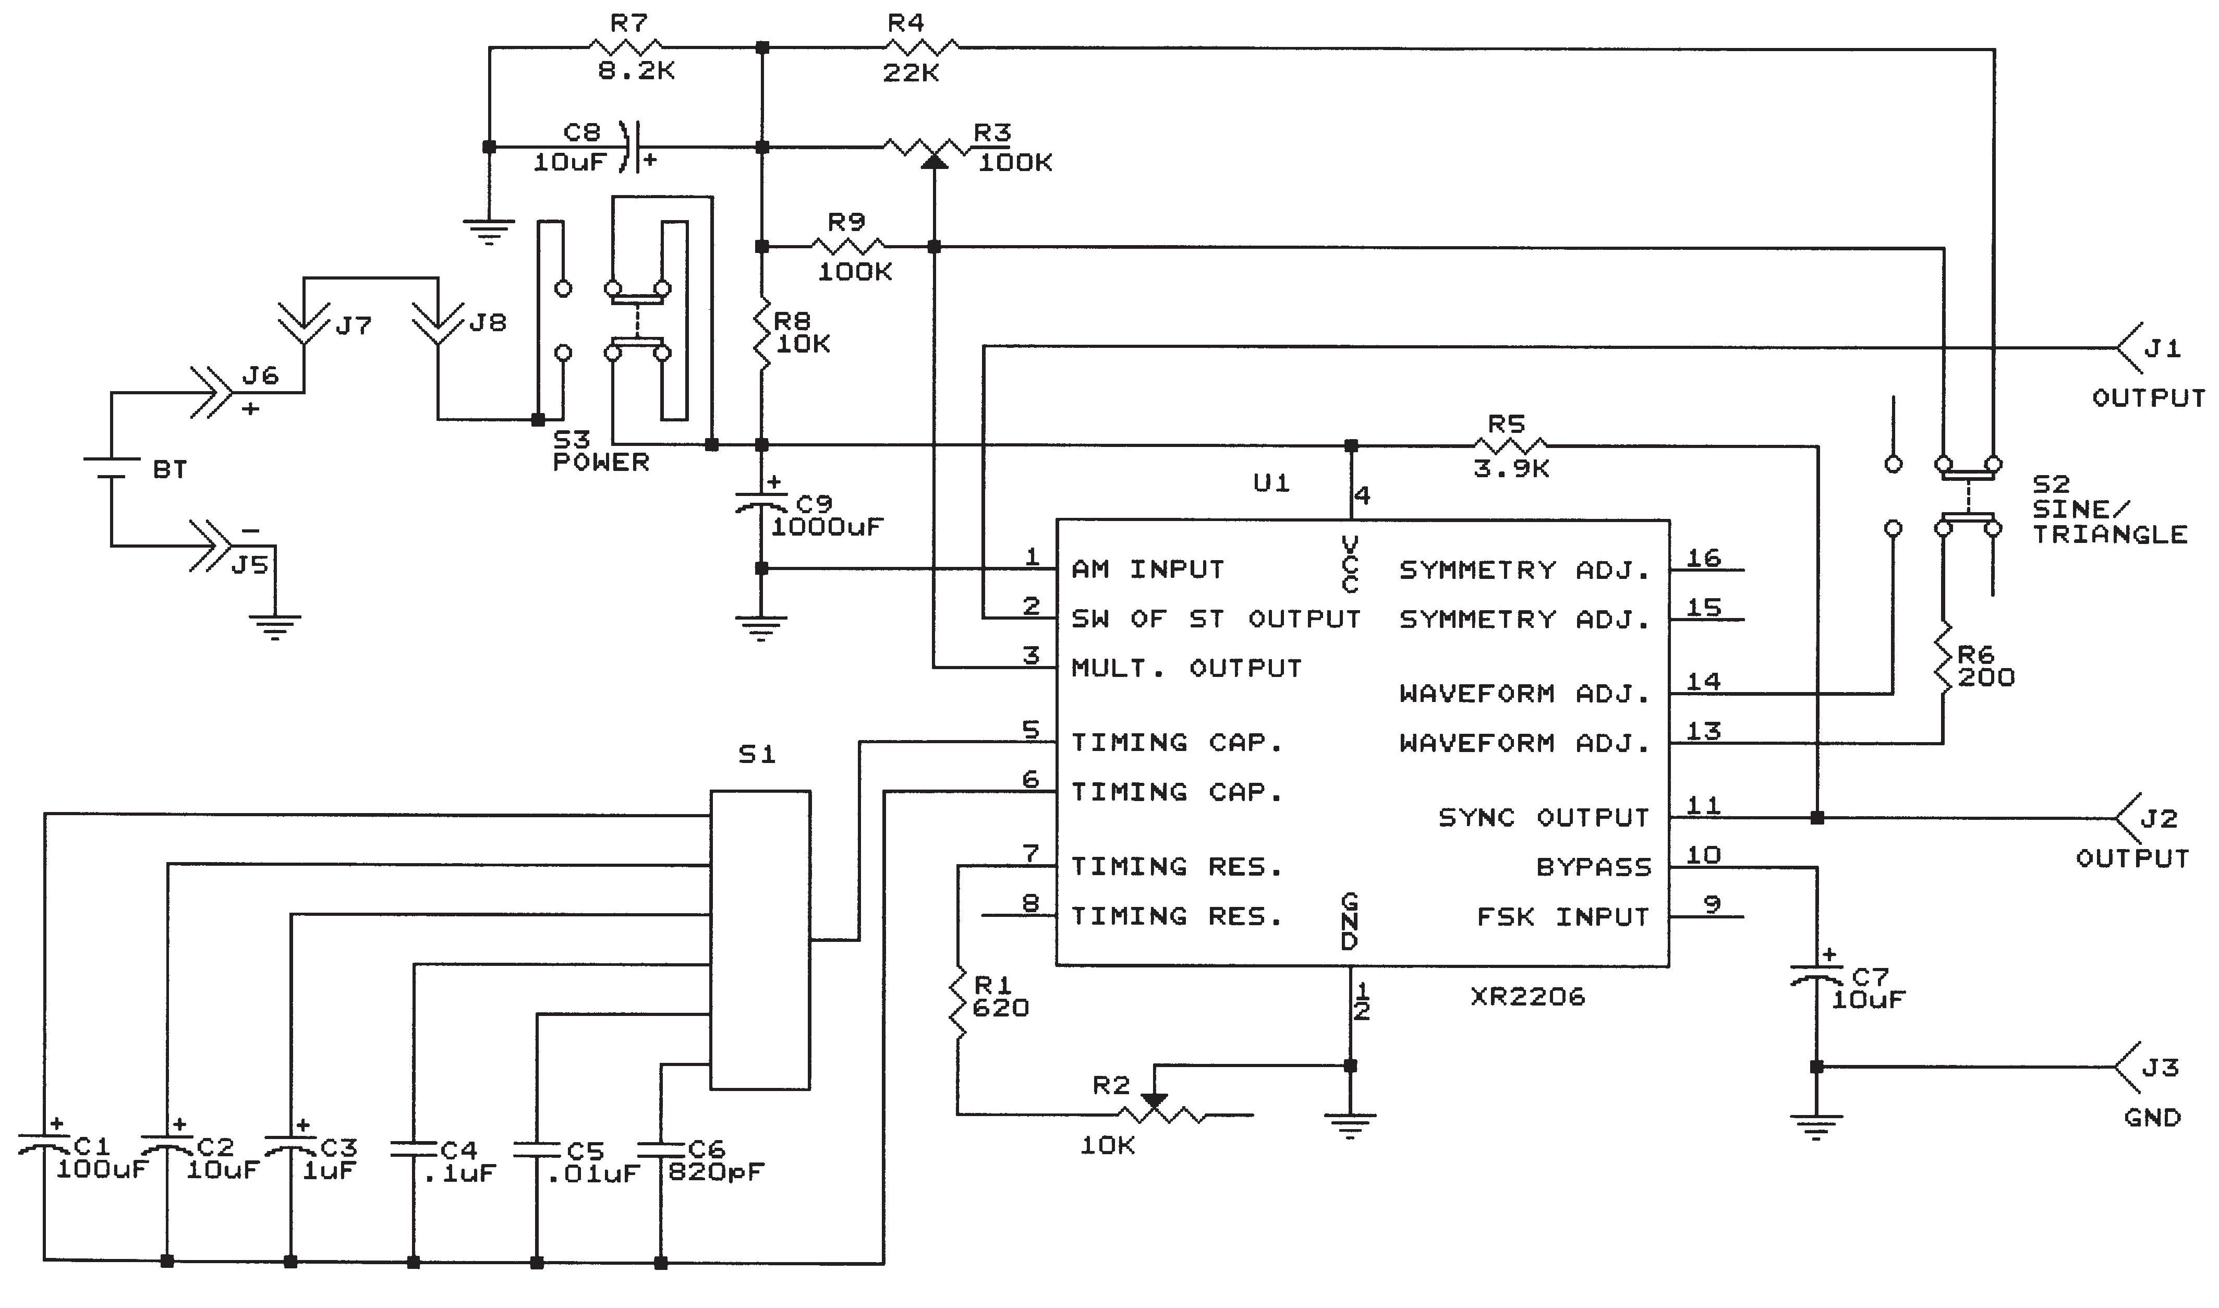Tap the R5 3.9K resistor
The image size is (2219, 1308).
1510,445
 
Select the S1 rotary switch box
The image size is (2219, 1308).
760,940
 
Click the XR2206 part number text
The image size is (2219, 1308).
1527,997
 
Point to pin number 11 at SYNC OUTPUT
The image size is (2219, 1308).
1703,805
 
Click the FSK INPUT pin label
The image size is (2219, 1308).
1562,917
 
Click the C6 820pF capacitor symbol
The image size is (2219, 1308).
661,1148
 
